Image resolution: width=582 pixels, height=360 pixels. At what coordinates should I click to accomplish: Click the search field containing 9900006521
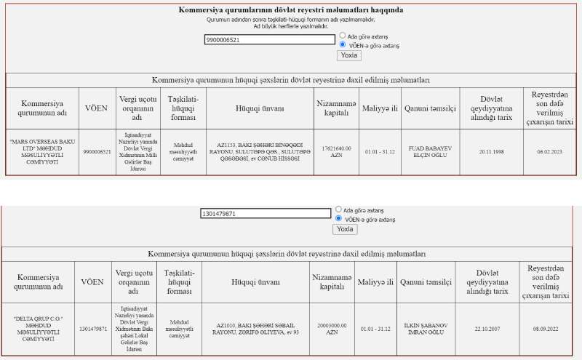(269, 40)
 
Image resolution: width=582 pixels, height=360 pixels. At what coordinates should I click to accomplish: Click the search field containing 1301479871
(266, 214)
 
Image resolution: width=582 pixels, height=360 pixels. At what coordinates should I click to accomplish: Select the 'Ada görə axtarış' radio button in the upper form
(343, 35)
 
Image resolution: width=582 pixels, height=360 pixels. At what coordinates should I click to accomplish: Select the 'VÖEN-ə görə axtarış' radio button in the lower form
(338, 218)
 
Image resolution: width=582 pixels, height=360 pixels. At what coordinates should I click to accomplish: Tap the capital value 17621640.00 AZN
(336, 151)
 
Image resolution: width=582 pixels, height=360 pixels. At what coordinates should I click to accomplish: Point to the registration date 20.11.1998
(491, 151)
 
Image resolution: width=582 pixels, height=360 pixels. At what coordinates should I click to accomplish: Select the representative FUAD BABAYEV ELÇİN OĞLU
(430, 151)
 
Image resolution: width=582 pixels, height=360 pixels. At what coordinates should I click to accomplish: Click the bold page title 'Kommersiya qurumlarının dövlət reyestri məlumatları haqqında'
(291, 10)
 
